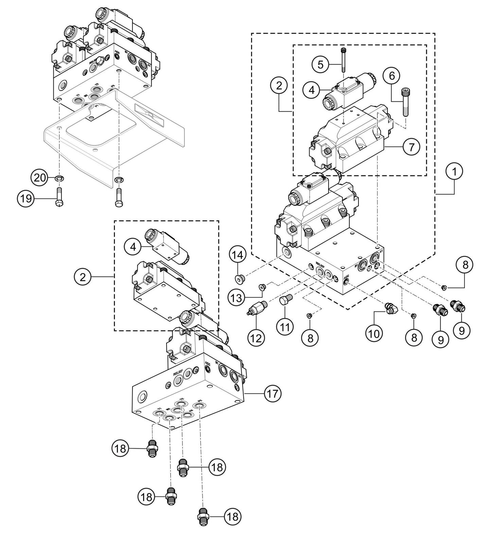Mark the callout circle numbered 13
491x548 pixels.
236,298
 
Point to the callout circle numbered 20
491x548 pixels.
40,178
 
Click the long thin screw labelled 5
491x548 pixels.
343,60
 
